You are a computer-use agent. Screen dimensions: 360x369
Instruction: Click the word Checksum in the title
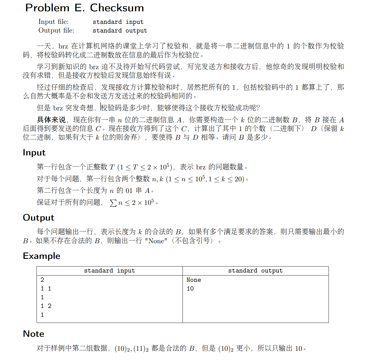(x=117, y=8)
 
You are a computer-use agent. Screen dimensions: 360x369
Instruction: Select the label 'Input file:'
(x=53, y=22)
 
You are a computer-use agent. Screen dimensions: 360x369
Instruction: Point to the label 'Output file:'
(x=56, y=31)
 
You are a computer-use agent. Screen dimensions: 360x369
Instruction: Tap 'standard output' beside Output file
(x=120, y=31)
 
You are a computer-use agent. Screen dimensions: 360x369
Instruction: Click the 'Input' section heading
(x=34, y=153)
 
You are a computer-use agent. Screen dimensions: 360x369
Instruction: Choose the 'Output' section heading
(x=38, y=218)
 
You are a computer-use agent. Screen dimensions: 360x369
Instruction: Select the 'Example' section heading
(x=42, y=256)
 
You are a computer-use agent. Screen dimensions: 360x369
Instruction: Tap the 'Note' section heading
(x=33, y=334)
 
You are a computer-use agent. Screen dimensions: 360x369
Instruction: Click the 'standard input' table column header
(x=110, y=271)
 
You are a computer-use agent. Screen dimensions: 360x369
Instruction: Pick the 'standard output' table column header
(x=255, y=271)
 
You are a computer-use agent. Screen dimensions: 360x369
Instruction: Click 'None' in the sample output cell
(x=194, y=280)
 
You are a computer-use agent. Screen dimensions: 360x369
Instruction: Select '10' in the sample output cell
(x=190, y=289)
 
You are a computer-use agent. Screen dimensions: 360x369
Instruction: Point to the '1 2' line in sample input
(x=46, y=306)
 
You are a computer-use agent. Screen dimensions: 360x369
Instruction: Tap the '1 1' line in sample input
(x=46, y=289)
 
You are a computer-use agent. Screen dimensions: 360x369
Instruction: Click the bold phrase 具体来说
(x=51, y=120)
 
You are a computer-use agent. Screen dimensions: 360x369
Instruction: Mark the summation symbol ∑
(x=113, y=203)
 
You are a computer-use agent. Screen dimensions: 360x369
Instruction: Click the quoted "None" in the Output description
(x=158, y=241)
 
